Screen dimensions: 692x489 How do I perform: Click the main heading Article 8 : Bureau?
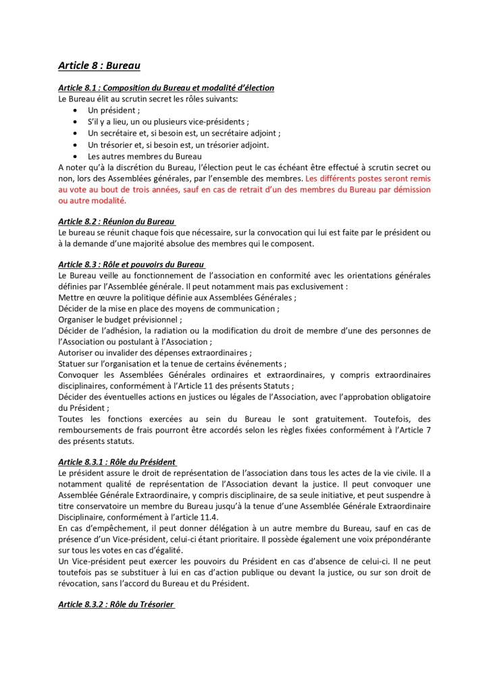99,66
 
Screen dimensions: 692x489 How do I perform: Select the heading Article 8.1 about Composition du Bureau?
166,88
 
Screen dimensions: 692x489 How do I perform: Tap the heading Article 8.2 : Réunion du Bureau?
117,221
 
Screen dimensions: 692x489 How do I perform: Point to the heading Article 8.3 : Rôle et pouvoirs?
132,264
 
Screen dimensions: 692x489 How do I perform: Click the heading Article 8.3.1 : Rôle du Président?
117,462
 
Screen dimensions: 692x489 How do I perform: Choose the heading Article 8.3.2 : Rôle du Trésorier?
116,604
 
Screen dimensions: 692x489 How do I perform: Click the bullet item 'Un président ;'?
113,110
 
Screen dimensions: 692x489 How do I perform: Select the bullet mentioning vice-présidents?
168,122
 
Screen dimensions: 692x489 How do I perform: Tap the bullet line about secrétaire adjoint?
184,133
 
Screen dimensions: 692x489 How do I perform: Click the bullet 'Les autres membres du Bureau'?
145,156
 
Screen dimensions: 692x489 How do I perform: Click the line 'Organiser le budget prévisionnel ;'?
120,320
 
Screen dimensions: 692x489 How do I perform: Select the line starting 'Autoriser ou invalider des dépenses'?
155,352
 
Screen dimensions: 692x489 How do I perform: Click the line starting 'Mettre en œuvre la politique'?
178,297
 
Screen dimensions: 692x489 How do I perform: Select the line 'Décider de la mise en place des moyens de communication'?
169,308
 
